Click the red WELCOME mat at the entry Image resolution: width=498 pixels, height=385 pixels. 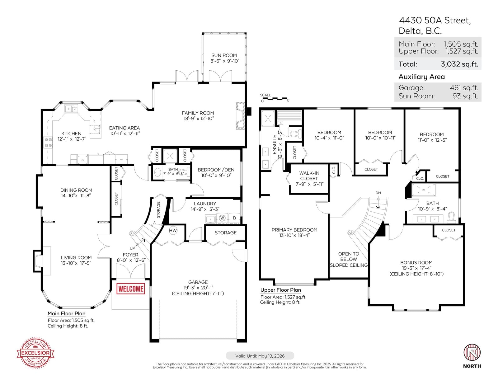(x=131, y=289)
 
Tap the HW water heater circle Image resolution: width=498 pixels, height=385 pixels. (x=173, y=230)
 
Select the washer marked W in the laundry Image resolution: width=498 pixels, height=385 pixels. (x=222, y=218)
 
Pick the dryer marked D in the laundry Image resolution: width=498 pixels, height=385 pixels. (x=234, y=218)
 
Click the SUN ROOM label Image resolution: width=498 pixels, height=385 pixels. (x=224, y=55)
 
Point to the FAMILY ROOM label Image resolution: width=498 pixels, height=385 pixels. (x=198, y=113)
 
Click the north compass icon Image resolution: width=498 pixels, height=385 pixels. (x=472, y=353)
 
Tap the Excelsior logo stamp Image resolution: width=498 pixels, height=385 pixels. (x=35, y=353)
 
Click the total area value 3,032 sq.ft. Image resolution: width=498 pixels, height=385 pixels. (x=459, y=64)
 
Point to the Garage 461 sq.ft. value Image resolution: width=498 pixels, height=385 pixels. (x=464, y=87)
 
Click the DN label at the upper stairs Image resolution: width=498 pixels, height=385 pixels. (x=378, y=193)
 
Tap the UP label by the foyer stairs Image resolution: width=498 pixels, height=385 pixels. (x=132, y=248)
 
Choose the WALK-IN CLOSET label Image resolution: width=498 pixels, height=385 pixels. (x=309, y=176)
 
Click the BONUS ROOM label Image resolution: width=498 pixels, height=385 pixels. (x=416, y=263)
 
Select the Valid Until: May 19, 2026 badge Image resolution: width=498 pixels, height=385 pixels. (x=260, y=356)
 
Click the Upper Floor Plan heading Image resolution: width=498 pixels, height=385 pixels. (x=281, y=290)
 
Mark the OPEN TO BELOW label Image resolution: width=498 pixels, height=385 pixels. (x=349, y=257)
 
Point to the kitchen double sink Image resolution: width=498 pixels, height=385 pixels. (x=71, y=109)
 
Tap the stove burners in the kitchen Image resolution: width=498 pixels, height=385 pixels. (x=48, y=142)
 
